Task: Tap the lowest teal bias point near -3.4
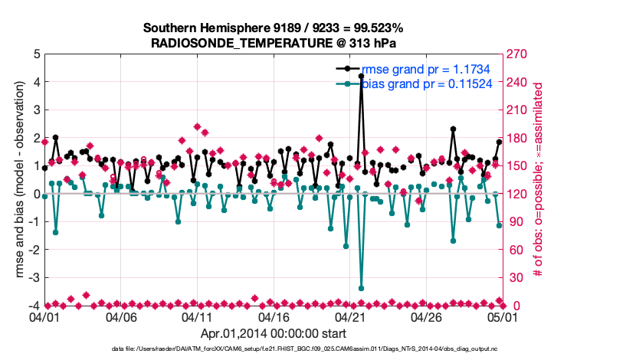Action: coord(361,288)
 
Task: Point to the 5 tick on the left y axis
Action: coord(36,54)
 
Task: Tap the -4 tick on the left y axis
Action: coord(34,306)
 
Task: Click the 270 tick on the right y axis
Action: coord(518,54)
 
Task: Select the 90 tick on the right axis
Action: coord(515,222)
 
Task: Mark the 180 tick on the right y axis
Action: coord(518,138)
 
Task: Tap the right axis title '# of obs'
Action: coord(539,180)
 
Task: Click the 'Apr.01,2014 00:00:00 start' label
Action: coord(273,333)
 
